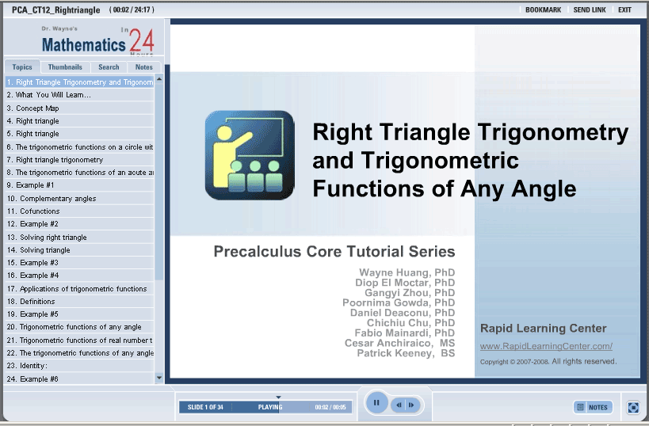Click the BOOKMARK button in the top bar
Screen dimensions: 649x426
pyautogui.click(x=543, y=10)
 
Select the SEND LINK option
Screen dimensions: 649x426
pyautogui.click(x=590, y=10)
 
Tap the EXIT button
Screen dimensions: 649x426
pyautogui.click(x=624, y=10)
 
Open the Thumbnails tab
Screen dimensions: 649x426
pyautogui.click(x=65, y=67)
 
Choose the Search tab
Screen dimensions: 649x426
pyautogui.click(x=109, y=67)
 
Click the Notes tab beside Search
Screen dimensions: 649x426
pyautogui.click(x=144, y=67)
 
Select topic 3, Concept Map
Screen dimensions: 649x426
pyautogui.click(x=33, y=108)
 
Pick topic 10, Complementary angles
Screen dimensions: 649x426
pyautogui.click(x=52, y=199)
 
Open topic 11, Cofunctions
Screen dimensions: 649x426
pyautogui.click(x=33, y=211)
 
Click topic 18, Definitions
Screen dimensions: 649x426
pyautogui.click(x=31, y=302)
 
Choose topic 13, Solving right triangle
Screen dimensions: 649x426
pyautogui.click(x=47, y=238)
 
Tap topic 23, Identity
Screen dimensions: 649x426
pyautogui.click(x=27, y=366)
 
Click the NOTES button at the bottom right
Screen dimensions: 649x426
pyautogui.click(x=593, y=407)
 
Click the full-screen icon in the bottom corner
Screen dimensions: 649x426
pyautogui.click(x=633, y=407)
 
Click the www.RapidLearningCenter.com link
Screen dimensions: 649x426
pyautogui.click(x=546, y=346)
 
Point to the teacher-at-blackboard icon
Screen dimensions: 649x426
pyautogui.click(x=250, y=155)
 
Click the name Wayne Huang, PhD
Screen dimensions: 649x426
pyautogui.click(x=407, y=272)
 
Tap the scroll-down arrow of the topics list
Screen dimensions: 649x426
pyautogui.click(x=159, y=378)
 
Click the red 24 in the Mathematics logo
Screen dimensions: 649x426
pyautogui.click(x=142, y=41)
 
